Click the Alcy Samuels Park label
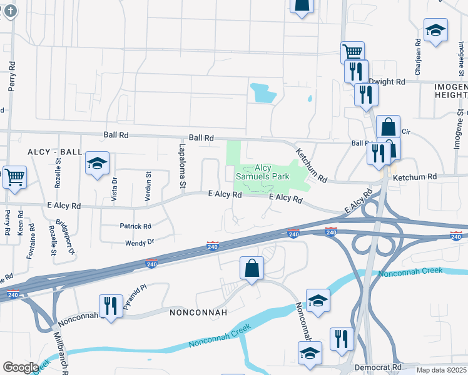tap(262, 172)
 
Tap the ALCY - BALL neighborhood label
tap(55, 152)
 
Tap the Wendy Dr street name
tap(140, 241)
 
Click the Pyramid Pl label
tap(134, 296)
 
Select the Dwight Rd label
tap(387, 82)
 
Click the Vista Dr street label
tap(114, 187)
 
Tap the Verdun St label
tap(148, 186)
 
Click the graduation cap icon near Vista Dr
tap(97, 164)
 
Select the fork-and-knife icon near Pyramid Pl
tap(111, 306)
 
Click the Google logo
tap(21, 367)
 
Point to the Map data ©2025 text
tap(440, 370)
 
